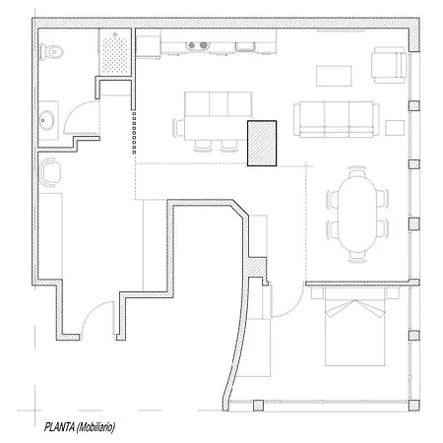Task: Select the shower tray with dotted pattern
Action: pyautogui.click(x=115, y=51)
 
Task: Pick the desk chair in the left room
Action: pyautogui.click(x=50, y=171)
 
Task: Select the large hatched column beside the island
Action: pyautogui.click(x=261, y=144)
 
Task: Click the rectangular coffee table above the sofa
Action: pyautogui.click(x=332, y=76)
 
